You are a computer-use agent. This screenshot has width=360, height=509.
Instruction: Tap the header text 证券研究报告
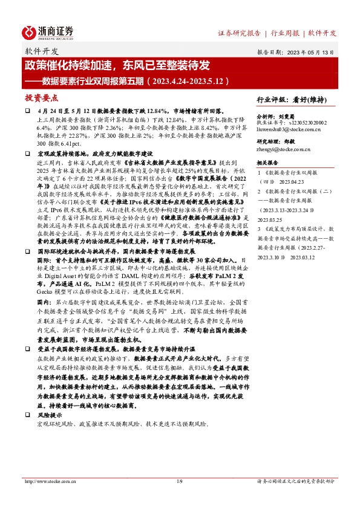pos(238,33)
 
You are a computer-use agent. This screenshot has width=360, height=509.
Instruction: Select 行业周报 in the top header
pos(285,33)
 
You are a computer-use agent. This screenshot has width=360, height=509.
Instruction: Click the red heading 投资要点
pos(41,97)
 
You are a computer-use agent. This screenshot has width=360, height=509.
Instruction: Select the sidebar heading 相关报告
pos(267,163)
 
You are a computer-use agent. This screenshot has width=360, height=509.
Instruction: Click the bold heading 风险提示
pos(50,416)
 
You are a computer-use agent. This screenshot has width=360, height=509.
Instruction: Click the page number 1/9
pos(179,482)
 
